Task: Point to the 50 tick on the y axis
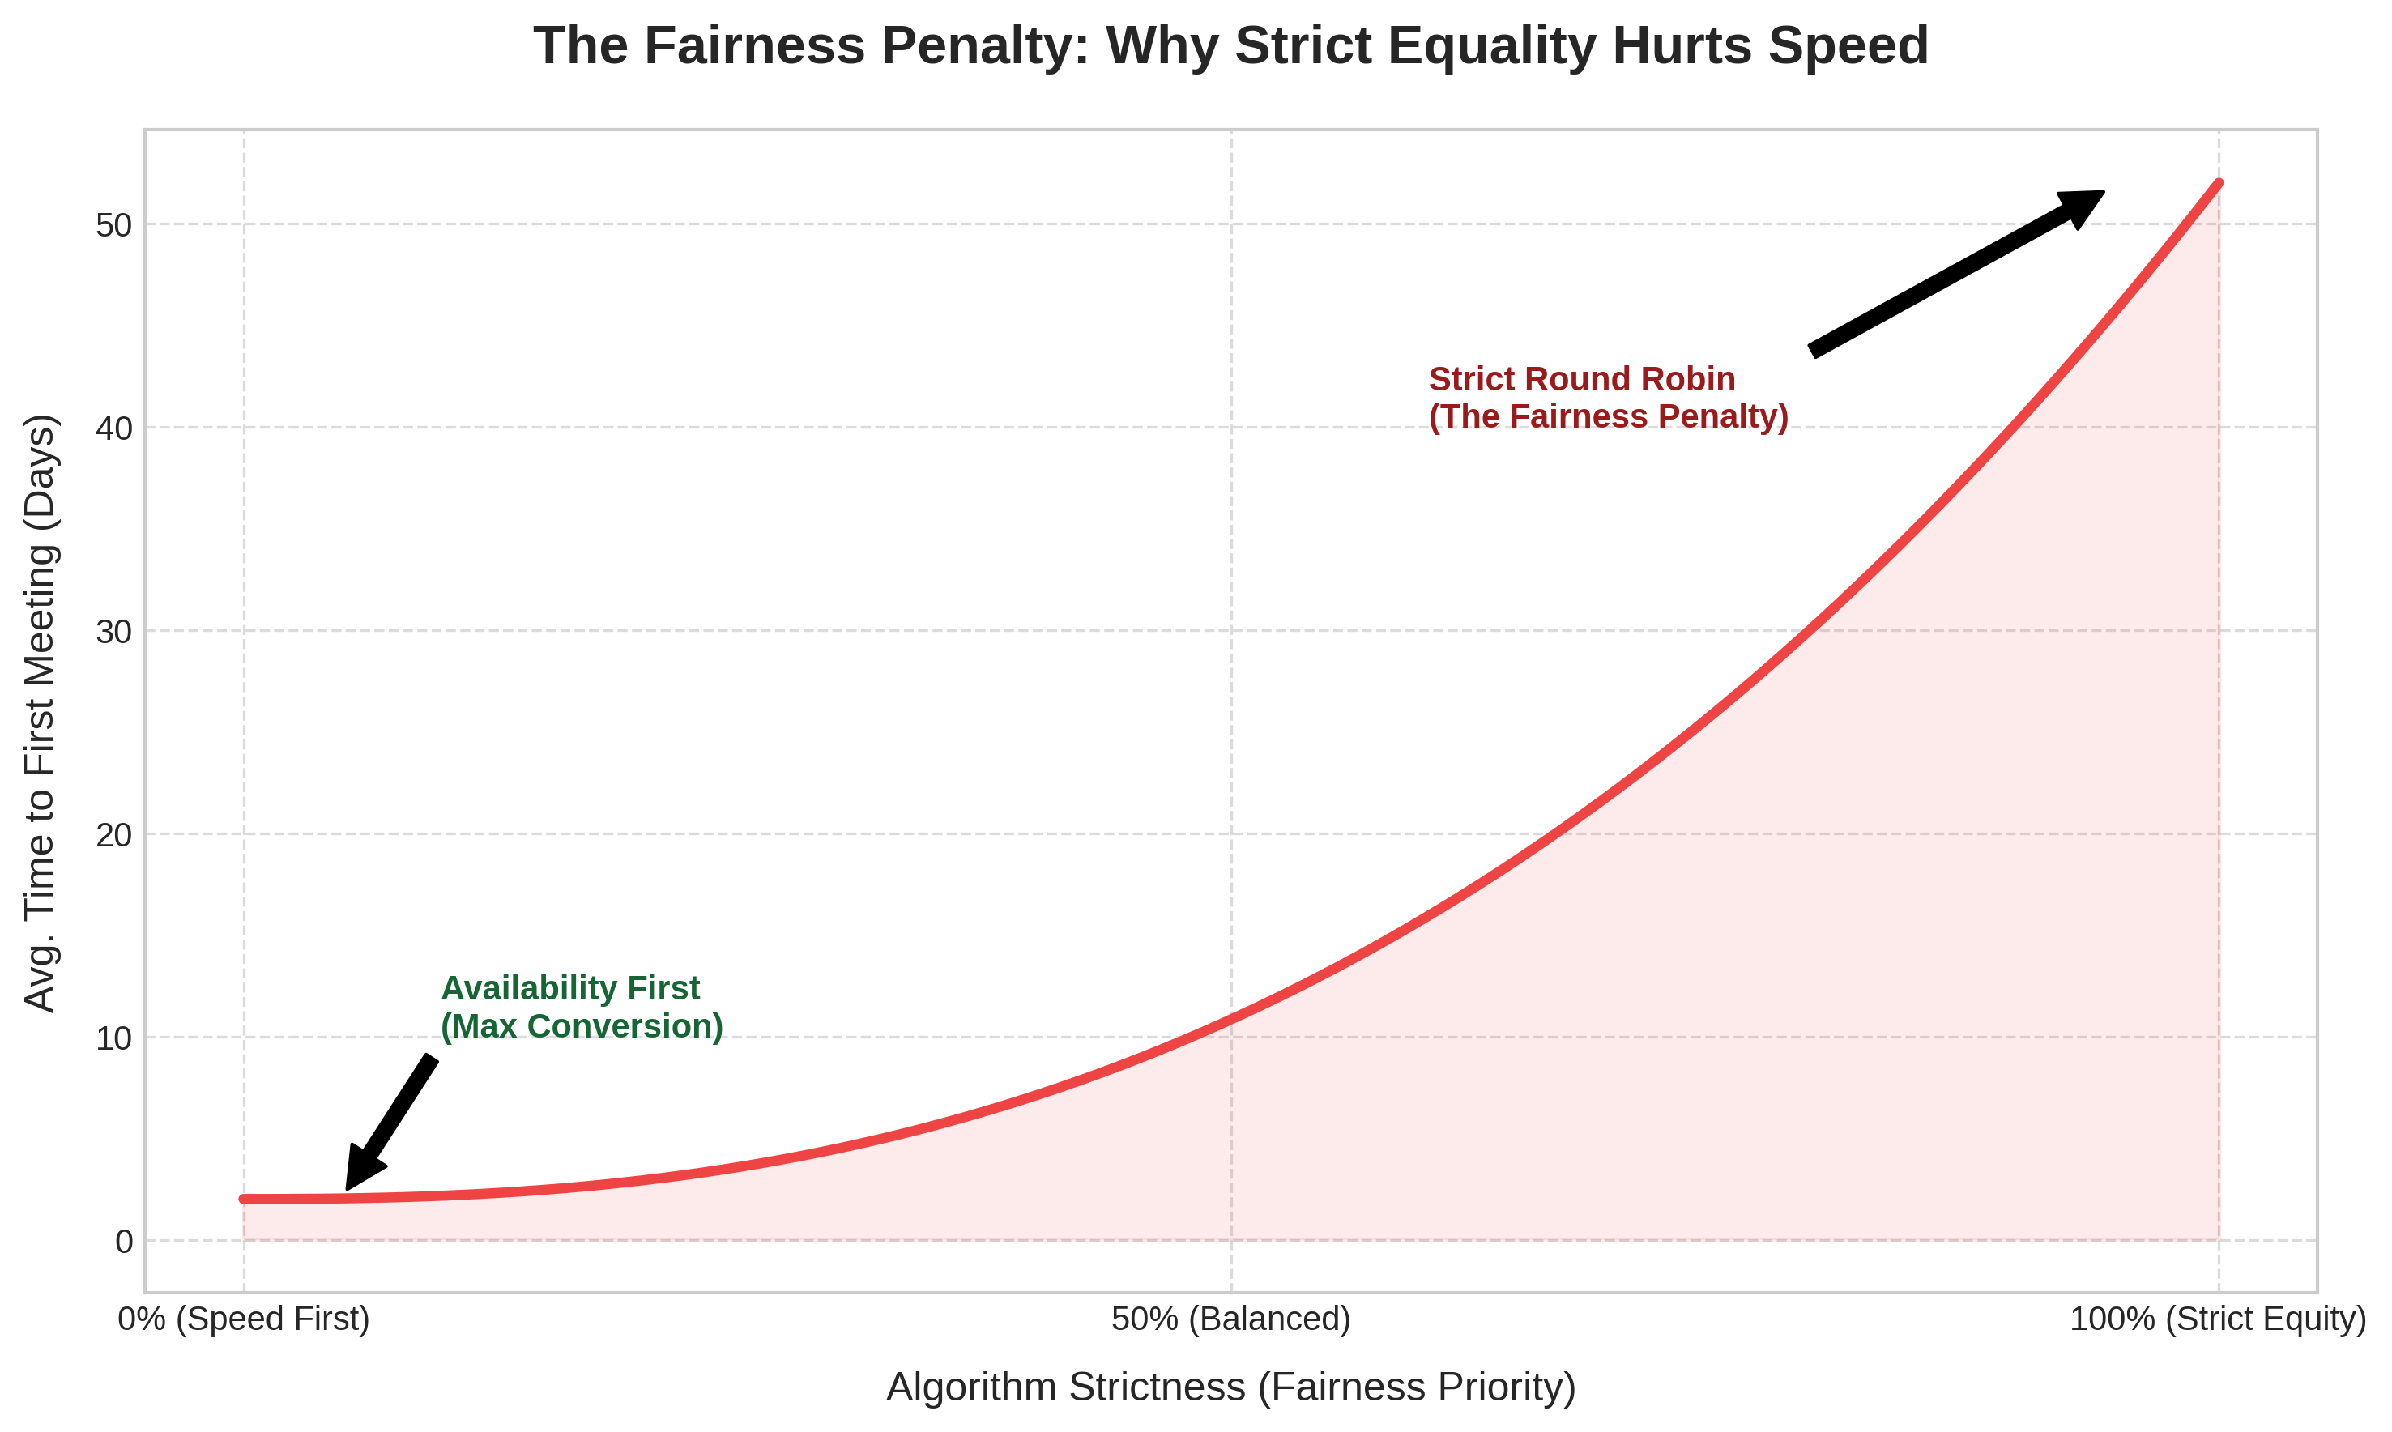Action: (x=114, y=225)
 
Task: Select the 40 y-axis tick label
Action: (x=114, y=428)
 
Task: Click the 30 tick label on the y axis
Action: (x=114, y=631)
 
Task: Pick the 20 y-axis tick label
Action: (x=114, y=835)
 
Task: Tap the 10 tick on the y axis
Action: (x=114, y=1038)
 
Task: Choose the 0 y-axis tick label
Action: (x=123, y=1242)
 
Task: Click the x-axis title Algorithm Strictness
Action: (x=1230, y=1387)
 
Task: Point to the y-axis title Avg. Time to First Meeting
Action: (x=41, y=714)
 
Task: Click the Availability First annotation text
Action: (x=570, y=989)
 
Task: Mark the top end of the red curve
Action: (x=2219, y=183)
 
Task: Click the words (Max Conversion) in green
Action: (x=582, y=1027)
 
